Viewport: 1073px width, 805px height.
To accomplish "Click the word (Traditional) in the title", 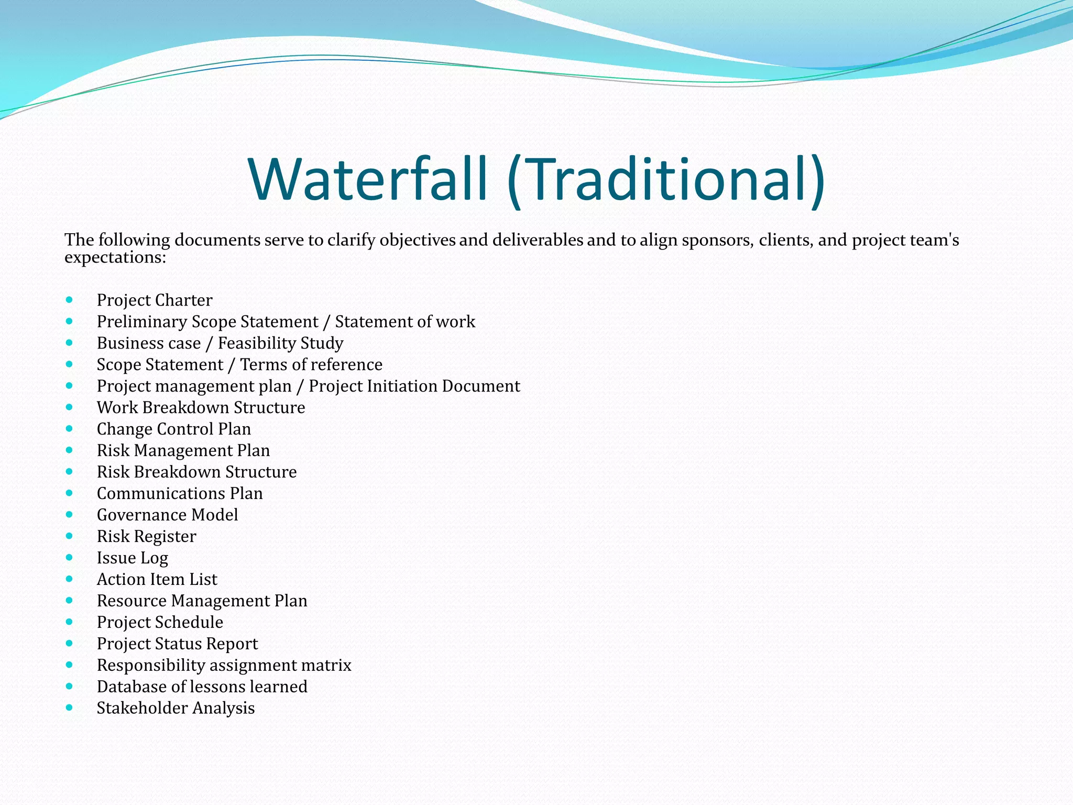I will [x=666, y=179].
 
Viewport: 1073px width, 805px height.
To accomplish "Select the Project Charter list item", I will [x=155, y=300].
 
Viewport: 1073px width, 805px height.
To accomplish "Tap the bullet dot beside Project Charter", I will [x=69, y=300].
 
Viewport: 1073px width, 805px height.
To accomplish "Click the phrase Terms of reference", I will [x=311, y=365].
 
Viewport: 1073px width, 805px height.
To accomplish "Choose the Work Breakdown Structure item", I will [x=201, y=408].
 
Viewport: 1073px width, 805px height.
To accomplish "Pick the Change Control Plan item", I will [x=173, y=429].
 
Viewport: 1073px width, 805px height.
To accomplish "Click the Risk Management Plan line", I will [x=183, y=451].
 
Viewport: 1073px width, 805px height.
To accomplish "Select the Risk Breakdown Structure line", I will [x=196, y=472].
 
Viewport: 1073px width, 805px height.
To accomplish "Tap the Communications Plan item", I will [x=180, y=494].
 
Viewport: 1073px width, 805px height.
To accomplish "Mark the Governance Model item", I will [x=167, y=515].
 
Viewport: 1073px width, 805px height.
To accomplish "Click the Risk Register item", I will [x=146, y=537].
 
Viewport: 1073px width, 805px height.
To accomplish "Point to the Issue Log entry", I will [x=132, y=558].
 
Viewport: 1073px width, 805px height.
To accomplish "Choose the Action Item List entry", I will [x=157, y=580].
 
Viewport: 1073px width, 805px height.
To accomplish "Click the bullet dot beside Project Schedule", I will [x=69, y=622].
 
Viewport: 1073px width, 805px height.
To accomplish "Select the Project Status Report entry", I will [x=177, y=644].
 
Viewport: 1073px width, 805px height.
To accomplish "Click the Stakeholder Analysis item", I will [x=176, y=709].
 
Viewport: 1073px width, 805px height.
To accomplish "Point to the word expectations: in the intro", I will [x=115, y=258].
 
